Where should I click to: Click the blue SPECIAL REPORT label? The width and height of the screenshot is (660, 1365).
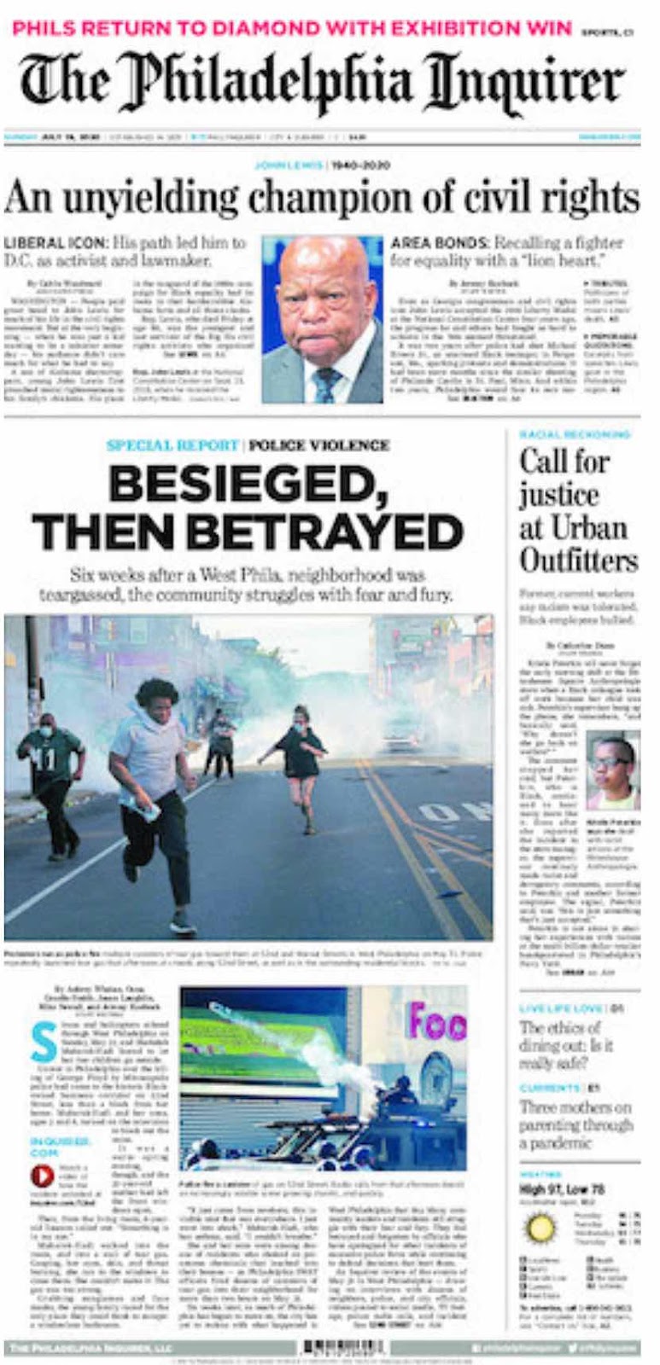click(172, 445)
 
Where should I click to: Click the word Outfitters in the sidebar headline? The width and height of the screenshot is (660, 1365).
click(578, 561)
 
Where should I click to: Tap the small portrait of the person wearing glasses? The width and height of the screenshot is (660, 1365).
click(611, 774)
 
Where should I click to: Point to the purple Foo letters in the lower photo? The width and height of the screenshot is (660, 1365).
click(436, 1020)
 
